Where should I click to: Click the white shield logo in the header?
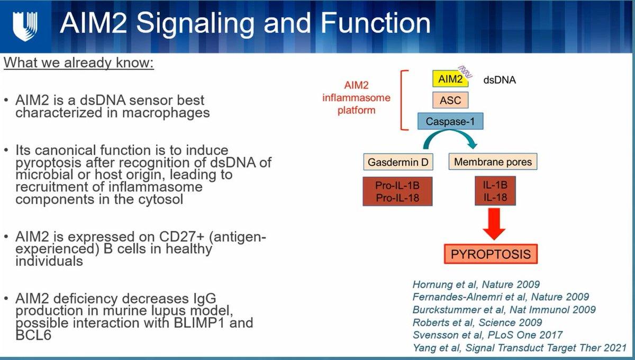(25, 26)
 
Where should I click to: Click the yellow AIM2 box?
(450, 78)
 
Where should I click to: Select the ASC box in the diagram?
(450, 100)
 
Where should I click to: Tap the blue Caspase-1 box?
(450, 121)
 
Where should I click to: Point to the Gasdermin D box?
(398, 162)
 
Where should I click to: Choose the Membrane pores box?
(493, 161)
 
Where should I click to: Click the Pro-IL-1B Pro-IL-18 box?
(397, 192)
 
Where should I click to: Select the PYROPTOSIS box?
(491, 254)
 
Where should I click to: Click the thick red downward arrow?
(494, 224)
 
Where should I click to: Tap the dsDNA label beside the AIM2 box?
(500, 80)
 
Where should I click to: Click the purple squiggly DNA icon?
(465, 72)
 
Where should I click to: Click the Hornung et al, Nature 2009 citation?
(476, 284)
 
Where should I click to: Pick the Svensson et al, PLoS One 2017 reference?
(487, 335)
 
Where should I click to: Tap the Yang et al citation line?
(520, 348)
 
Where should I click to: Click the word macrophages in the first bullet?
(166, 113)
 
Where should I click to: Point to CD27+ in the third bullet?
(182, 237)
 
